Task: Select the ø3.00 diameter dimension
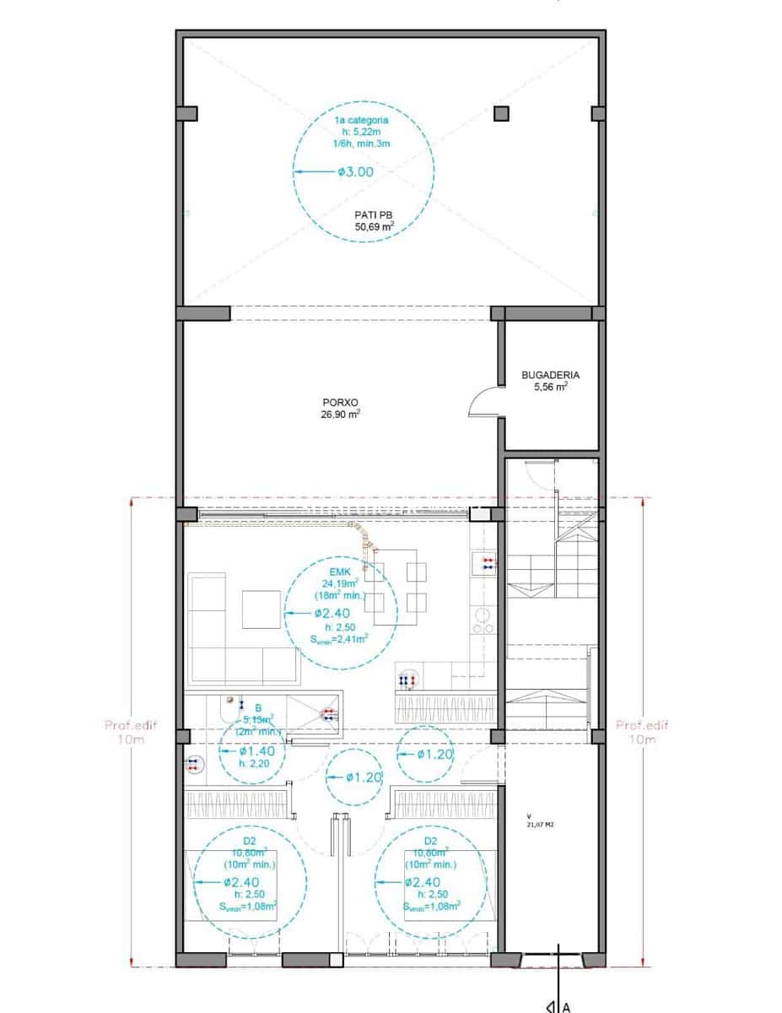pyautogui.click(x=355, y=171)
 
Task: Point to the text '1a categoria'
pyautogui.click(x=361, y=121)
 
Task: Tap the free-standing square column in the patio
pyautogui.click(x=501, y=113)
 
